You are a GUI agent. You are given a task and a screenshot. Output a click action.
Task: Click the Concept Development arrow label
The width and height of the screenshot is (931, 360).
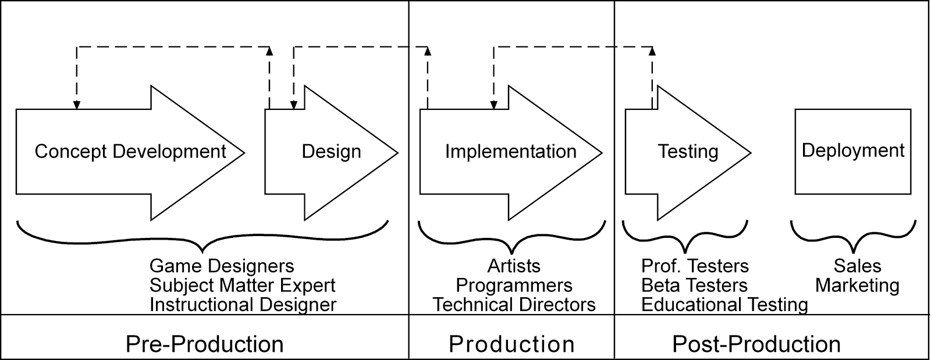pos(130,152)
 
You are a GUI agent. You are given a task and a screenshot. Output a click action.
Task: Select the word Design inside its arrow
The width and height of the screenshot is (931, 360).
pos(331,152)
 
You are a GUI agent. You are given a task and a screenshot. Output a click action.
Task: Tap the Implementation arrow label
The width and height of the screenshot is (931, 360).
pos(511,152)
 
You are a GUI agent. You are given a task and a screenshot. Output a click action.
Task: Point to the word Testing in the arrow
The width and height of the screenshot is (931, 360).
pos(688,152)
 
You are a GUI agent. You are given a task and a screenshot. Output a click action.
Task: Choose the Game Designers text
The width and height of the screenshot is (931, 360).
pos(222,266)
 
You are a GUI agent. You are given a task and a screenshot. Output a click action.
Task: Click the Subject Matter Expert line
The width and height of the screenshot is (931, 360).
pos(242,285)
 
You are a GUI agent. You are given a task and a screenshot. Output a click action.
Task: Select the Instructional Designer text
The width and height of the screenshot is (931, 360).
pos(243,305)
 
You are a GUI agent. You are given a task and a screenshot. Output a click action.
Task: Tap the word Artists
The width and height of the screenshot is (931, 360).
pos(514,266)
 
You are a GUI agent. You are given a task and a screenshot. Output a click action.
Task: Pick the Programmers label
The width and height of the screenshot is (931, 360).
pos(514,285)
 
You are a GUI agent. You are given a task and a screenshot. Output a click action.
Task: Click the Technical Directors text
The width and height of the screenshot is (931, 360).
pos(514,305)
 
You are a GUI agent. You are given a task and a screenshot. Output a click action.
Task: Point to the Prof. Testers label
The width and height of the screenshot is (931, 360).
pos(695,266)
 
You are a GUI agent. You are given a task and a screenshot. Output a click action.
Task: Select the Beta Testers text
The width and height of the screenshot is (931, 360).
pos(694,285)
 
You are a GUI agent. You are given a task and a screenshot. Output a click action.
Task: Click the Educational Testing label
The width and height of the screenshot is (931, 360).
pos(724,305)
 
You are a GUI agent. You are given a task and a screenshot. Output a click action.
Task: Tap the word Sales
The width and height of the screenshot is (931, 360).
pos(858,266)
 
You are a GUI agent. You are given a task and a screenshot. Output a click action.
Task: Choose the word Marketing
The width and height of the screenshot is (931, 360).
pos(858,285)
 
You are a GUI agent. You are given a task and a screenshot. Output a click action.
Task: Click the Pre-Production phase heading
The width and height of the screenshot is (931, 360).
pos(204,344)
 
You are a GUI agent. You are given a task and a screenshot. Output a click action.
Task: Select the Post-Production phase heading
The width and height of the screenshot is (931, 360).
pos(756,344)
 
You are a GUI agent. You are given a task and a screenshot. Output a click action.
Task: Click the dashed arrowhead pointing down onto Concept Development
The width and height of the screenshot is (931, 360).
pos(76,105)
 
